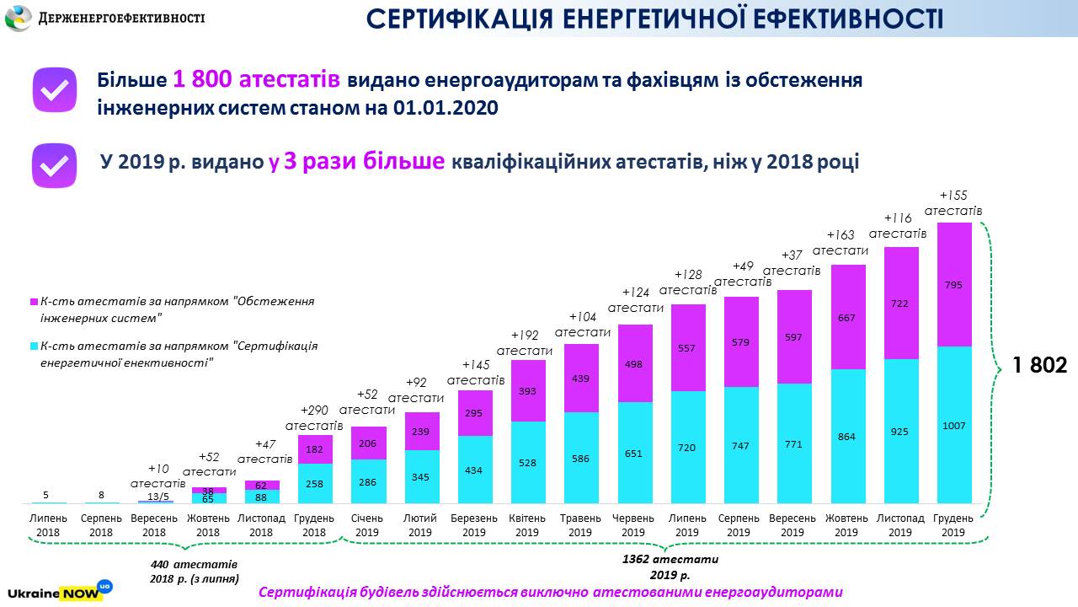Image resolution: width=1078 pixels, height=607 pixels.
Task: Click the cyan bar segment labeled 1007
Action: click(x=953, y=425)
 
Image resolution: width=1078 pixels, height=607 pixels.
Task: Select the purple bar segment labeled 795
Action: click(x=953, y=285)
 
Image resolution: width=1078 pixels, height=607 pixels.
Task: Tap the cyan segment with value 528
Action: click(x=527, y=462)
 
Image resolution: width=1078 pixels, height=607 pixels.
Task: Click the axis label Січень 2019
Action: click(x=367, y=525)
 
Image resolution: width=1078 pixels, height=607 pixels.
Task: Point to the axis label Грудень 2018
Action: click(x=314, y=525)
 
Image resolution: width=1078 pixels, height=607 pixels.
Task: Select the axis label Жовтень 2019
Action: click(x=846, y=525)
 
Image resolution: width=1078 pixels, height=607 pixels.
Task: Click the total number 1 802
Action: click(x=1039, y=365)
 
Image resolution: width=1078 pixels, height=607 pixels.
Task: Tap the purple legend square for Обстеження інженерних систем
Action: click(x=34, y=302)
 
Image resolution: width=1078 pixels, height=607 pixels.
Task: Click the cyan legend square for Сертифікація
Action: click(x=34, y=346)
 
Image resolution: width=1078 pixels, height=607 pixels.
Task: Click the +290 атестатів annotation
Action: click(x=314, y=417)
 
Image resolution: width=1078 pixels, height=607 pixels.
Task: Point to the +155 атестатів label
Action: click(x=953, y=203)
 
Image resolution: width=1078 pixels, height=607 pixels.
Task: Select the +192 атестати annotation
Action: click(x=525, y=342)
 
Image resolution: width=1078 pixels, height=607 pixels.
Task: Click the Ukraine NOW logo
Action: click(x=59, y=590)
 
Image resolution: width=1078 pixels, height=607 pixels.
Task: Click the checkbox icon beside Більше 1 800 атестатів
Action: click(x=55, y=90)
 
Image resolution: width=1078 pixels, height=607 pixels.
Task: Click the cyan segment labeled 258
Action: click(x=314, y=483)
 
